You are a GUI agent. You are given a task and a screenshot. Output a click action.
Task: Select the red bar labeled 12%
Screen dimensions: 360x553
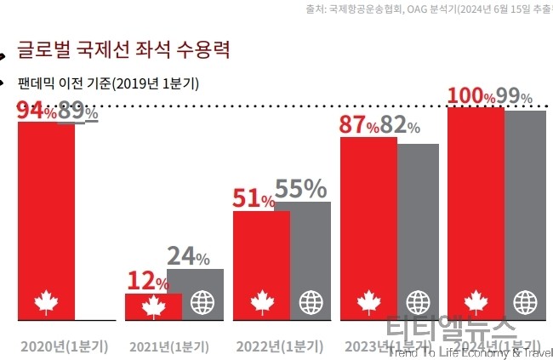(153, 306)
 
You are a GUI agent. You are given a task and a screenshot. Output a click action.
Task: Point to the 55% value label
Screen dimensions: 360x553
(301, 188)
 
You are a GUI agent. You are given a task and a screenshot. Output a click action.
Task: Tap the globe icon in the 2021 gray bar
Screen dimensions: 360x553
(202, 302)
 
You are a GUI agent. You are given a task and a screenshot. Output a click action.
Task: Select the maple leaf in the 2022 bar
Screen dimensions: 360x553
(261, 302)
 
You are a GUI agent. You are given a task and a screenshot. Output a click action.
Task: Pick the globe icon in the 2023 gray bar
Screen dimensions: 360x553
(418, 302)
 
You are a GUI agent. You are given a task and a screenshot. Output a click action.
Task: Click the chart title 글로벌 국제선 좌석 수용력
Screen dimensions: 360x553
(123, 49)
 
